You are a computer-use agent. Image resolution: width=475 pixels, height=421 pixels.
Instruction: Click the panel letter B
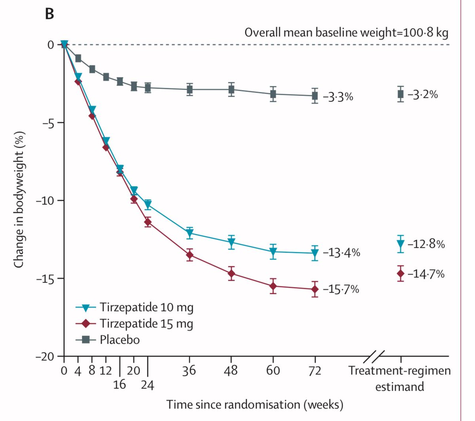coord(49,14)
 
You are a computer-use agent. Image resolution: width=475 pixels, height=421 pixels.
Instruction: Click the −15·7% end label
coord(341,289)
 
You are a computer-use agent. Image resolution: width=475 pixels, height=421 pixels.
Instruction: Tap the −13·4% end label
coord(342,252)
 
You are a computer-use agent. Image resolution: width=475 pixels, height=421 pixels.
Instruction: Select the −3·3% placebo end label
coord(338,97)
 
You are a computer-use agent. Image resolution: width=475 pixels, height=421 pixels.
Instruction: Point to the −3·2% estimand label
coord(423,94)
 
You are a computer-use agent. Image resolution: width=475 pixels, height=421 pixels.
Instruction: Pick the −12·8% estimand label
coord(426,244)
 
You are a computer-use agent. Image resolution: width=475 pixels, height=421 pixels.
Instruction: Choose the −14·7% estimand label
coord(426,274)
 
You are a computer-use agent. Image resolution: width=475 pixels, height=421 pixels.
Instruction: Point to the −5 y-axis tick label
coord(47,122)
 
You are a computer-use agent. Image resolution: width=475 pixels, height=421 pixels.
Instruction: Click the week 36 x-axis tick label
coord(190,371)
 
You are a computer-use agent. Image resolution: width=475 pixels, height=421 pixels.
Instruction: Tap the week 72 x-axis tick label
coord(315,371)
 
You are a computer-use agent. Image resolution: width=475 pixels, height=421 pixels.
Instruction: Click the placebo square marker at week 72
coord(315,96)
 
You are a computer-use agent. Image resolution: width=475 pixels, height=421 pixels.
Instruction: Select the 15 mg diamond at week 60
coord(273,286)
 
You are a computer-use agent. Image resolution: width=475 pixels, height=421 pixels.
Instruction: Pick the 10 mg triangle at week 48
coord(232,242)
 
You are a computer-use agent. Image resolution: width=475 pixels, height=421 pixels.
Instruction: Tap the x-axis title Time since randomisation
coord(255,404)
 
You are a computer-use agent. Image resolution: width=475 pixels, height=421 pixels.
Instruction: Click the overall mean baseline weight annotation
coord(346,32)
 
